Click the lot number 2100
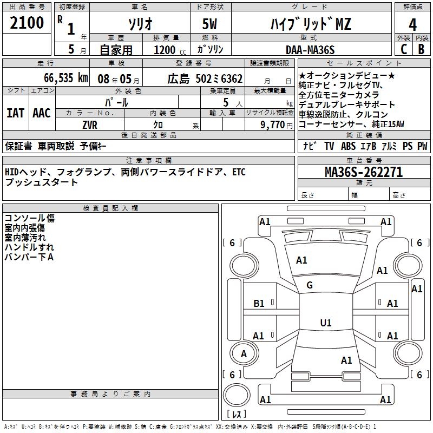click(27, 23)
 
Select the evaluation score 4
click(412, 24)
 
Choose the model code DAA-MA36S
click(310, 50)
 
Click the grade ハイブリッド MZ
click(310, 24)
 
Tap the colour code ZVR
click(89, 124)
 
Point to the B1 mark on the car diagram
click(259, 304)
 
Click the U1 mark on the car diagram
click(325, 323)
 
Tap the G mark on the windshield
click(310, 285)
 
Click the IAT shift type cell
click(15, 113)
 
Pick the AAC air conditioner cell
click(41, 113)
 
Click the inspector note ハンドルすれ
click(25, 247)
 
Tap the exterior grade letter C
click(403, 49)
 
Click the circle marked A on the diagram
click(244, 354)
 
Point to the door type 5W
click(210, 24)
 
